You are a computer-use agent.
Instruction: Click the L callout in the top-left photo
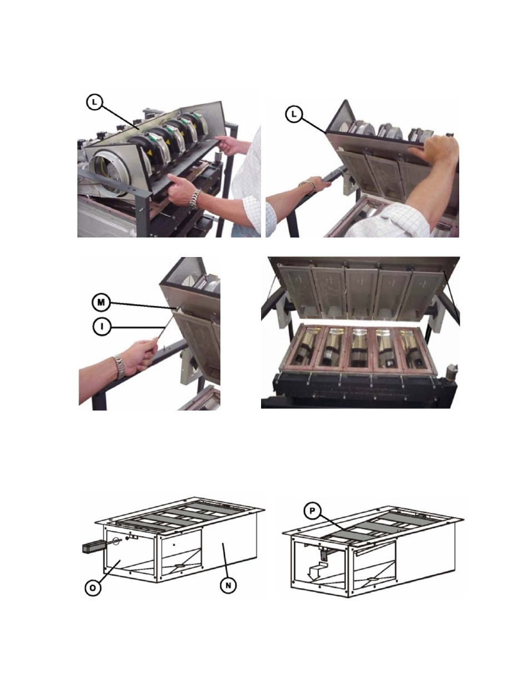pos(94,102)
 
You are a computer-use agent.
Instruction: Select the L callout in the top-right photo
pos(294,114)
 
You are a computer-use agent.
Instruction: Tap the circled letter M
pos(101,303)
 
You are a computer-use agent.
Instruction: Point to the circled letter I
pos(102,327)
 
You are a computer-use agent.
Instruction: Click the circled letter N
pos(228,585)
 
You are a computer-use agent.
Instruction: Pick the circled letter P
pos(312,511)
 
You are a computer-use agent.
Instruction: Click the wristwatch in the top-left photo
pos(195,199)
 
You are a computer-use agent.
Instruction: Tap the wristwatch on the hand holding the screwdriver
pos(119,367)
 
